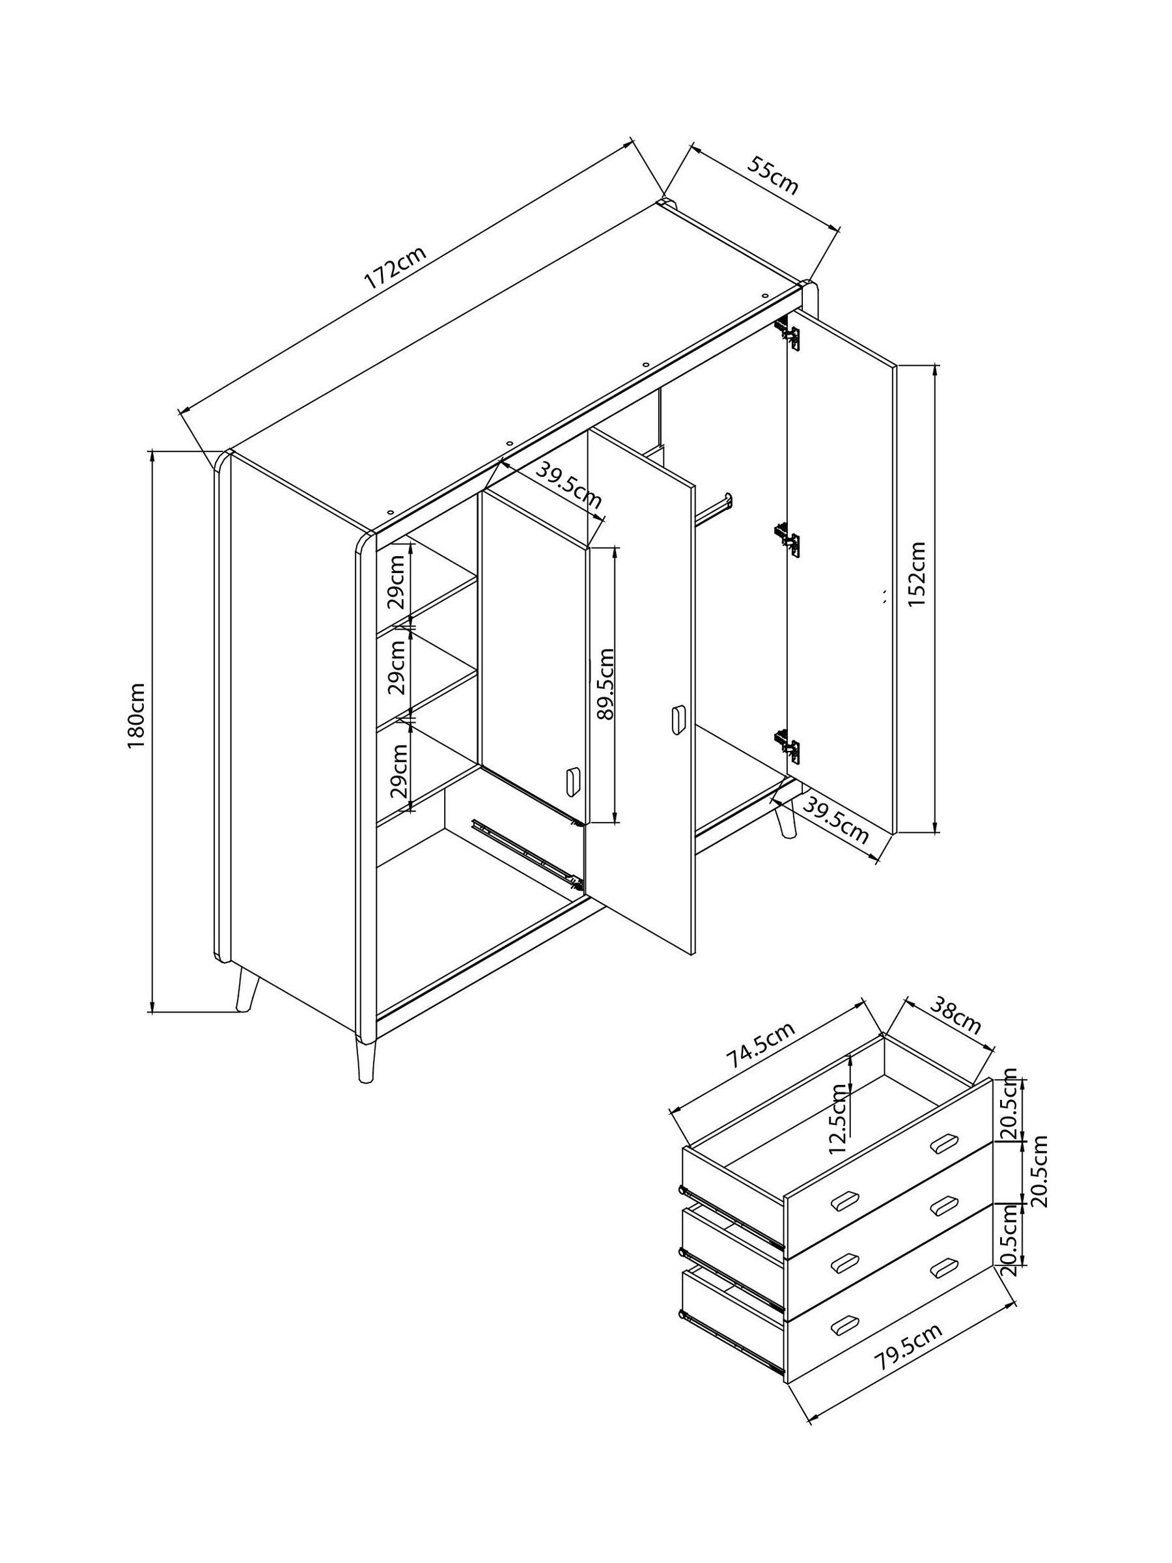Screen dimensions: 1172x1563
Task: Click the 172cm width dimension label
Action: pyautogui.click(x=396, y=268)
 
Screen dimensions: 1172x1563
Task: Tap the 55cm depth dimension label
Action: pyautogui.click(x=773, y=177)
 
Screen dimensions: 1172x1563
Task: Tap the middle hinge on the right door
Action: pyautogui.click(x=787, y=540)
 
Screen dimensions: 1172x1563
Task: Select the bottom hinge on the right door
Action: pyautogui.click(x=788, y=746)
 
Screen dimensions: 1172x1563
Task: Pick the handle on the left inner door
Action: pyautogui.click(x=573, y=782)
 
